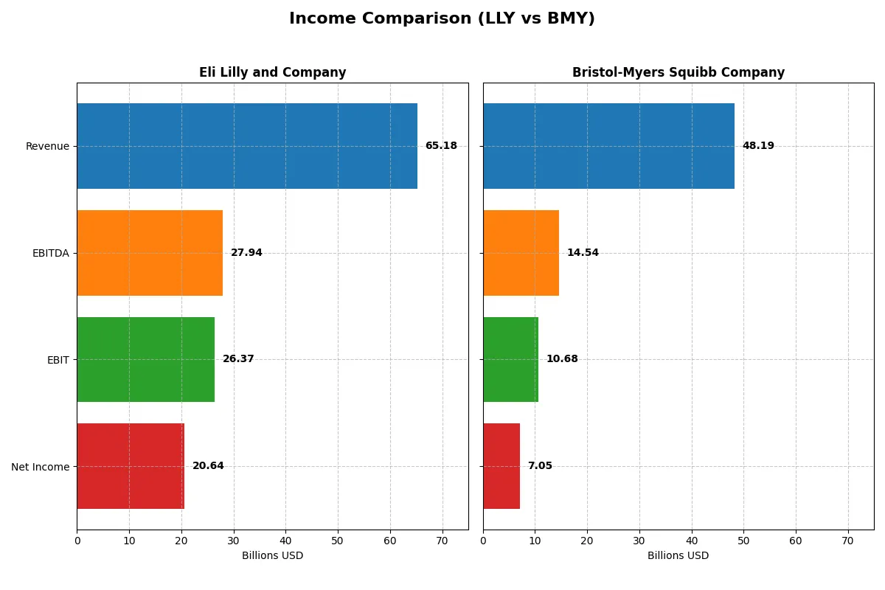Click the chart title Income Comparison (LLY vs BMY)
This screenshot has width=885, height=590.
442,18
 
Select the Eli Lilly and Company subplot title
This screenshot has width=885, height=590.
272,72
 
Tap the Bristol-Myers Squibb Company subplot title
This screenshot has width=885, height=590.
678,72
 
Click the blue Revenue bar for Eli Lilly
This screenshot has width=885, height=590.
247,146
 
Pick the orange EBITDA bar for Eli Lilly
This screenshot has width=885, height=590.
150,253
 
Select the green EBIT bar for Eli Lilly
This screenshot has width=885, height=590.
145,359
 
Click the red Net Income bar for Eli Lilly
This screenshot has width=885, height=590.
131,466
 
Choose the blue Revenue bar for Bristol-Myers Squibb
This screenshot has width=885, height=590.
608,146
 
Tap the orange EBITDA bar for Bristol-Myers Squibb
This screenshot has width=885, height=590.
521,253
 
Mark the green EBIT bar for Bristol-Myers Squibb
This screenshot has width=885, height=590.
510,359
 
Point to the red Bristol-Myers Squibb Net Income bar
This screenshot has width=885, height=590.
502,466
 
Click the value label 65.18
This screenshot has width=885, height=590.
441,146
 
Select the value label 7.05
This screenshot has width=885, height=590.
540,466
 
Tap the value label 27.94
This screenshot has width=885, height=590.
246,253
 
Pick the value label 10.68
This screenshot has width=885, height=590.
562,359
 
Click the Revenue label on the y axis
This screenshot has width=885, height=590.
47,146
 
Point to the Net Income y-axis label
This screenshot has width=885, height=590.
41,467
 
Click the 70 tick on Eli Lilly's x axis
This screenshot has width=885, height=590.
442,541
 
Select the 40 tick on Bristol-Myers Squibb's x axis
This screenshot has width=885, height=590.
692,541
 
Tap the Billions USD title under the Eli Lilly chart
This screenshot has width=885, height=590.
272,556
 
